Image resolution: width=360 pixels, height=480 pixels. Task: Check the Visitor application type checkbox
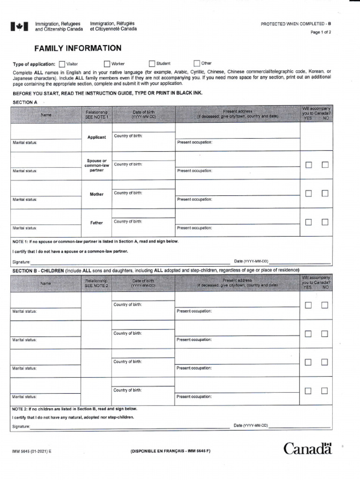(62, 64)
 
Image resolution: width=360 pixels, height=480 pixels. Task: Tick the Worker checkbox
(107, 64)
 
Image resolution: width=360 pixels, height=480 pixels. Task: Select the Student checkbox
(152, 64)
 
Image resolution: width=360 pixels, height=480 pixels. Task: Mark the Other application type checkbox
(197, 64)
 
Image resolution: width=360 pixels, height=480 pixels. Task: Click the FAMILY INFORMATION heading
(78, 48)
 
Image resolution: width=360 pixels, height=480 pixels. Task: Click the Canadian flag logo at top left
(20, 27)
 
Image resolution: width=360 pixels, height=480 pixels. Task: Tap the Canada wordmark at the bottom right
(307, 449)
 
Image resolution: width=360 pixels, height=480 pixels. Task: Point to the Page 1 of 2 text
(321, 32)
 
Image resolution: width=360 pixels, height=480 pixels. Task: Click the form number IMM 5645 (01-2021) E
(32, 451)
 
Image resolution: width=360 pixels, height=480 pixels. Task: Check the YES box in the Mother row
(308, 193)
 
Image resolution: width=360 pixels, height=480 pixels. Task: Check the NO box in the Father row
(325, 222)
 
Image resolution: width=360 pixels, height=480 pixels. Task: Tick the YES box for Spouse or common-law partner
(308, 165)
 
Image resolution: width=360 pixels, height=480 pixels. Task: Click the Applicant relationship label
(97, 137)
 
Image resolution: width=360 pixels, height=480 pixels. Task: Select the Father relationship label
(97, 223)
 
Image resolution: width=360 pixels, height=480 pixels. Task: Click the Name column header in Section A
(46, 114)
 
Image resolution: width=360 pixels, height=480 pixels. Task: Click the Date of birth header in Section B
(143, 283)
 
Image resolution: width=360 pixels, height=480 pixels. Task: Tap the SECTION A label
(25, 102)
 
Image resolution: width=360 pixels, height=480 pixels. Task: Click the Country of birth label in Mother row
(128, 193)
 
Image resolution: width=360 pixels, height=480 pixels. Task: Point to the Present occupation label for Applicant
(195, 142)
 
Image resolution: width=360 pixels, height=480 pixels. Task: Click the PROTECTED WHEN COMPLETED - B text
(296, 23)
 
